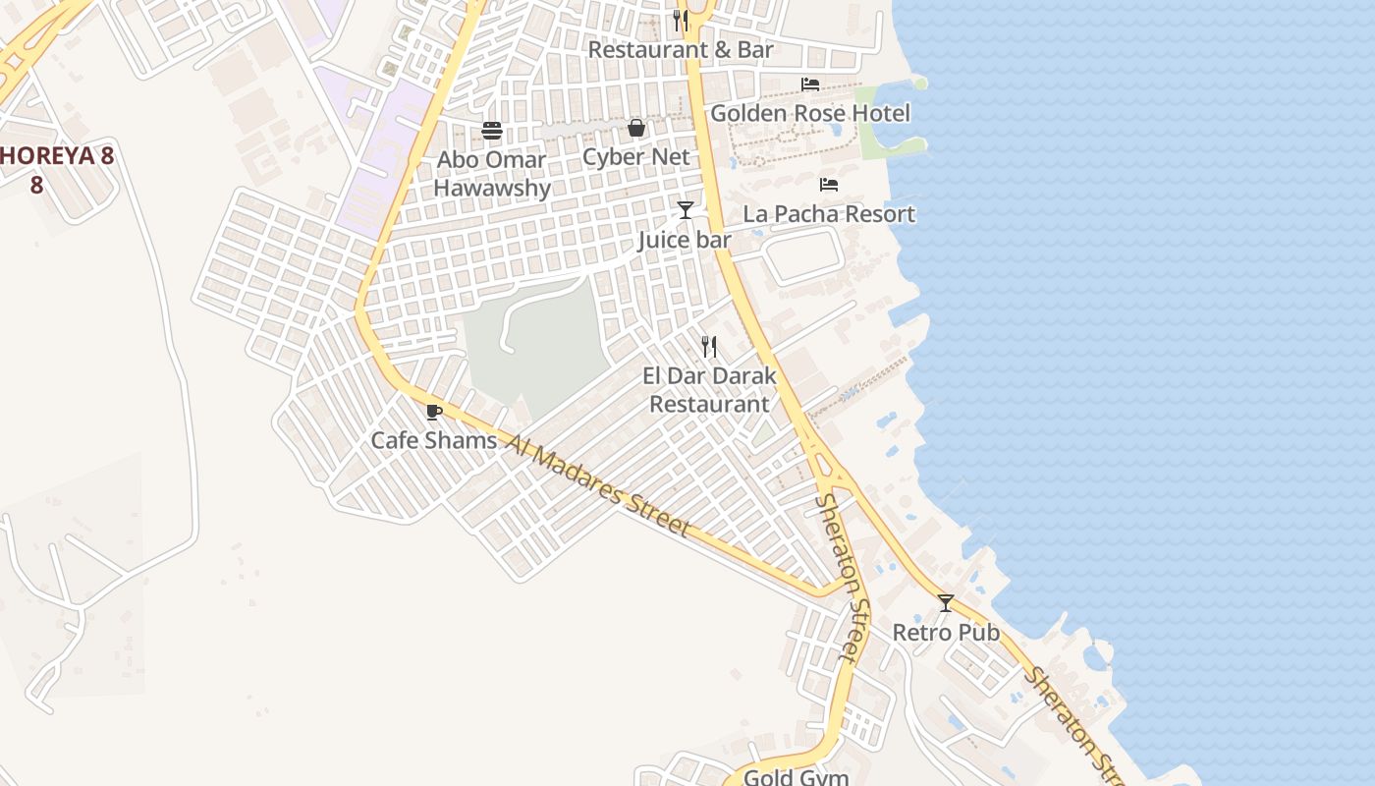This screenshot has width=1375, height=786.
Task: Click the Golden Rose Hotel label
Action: coord(810,113)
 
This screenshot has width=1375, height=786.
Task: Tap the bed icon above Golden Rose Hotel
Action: coord(810,84)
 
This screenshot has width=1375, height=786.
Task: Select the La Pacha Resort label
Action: coord(829,214)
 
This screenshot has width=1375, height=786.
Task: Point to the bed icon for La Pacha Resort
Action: coord(829,185)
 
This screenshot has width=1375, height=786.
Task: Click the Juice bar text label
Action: coord(685,240)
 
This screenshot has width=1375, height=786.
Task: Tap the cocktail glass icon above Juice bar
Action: coord(685,210)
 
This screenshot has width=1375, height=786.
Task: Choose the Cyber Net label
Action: coord(636,157)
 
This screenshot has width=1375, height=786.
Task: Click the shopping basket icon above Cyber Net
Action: coord(636,128)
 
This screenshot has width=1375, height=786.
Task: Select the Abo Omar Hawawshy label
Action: coord(492,174)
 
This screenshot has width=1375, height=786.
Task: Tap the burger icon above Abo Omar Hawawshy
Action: coord(492,131)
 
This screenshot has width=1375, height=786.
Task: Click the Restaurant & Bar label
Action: coord(681,49)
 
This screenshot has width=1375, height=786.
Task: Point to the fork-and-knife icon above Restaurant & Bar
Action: coord(681,20)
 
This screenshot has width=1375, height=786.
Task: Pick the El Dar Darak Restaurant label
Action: coord(709,390)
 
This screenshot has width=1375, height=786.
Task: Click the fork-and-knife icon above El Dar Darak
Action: coord(709,347)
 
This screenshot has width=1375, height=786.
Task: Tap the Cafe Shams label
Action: coord(434,441)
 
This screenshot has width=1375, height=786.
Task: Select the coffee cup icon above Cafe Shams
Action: coord(434,412)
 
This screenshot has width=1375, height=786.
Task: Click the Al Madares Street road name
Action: coord(599,485)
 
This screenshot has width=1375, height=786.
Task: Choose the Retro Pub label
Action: coord(946,633)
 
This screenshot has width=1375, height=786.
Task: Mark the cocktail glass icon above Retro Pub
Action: coord(946,603)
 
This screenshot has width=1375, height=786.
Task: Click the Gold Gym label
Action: coord(796,777)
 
